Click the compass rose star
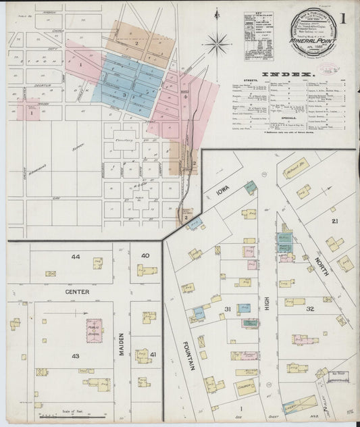click(217, 45)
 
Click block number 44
click(75, 257)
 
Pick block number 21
click(333, 221)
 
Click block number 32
click(309, 309)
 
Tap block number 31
click(228, 310)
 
